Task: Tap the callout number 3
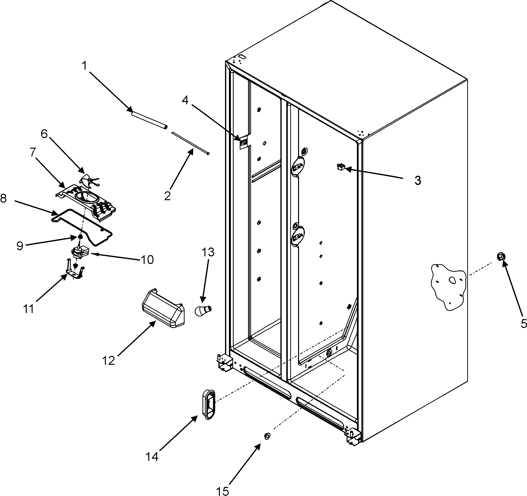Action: click(417, 181)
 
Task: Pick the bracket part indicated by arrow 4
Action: click(244, 143)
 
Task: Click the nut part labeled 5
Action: click(501, 257)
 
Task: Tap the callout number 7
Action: click(33, 153)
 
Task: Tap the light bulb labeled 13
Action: click(203, 310)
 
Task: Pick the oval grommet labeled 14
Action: click(209, 405)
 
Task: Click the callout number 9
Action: click(20, 246)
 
